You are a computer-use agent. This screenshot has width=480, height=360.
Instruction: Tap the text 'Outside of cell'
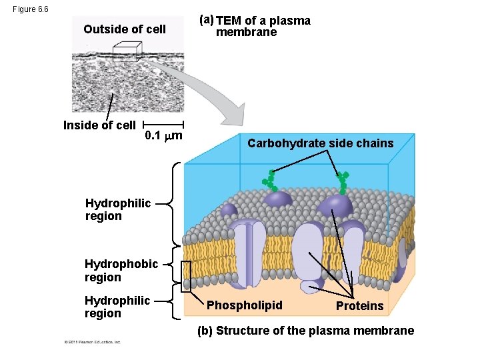(125, 29)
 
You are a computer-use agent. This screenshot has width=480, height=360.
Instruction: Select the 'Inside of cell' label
(99, 125)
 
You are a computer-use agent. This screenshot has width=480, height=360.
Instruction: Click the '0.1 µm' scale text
(164, 137)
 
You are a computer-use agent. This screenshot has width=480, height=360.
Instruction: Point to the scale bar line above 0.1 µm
(164, 125)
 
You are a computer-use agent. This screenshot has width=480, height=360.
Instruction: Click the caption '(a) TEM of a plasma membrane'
(256, 26)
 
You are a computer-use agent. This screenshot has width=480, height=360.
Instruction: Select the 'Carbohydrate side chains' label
(321, 143)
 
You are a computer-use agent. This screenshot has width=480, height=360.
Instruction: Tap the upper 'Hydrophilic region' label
(108, 209)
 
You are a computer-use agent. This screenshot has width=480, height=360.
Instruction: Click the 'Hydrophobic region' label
(121, 270)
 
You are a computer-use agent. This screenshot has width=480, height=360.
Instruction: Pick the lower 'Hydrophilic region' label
(117, 307)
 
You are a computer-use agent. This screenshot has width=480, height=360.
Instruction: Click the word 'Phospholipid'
(245, 305)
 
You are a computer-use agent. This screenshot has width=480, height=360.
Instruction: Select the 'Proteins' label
(359, 306)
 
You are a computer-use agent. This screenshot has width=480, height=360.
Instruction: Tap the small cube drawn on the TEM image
(126, 52)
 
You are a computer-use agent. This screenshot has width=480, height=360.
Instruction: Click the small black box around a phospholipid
(186, 273)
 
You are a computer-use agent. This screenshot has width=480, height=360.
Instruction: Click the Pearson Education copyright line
(92, 342)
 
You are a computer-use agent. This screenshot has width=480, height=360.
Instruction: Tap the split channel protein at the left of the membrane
(251, 253)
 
